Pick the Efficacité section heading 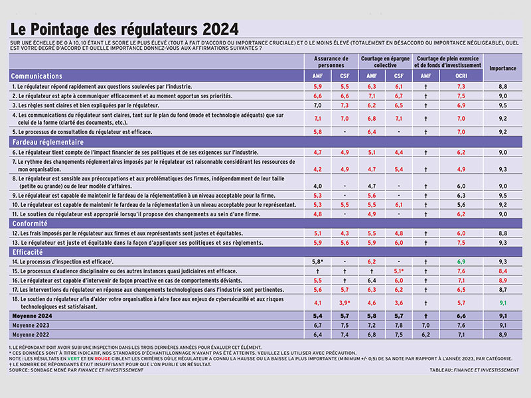click(x=30, y=253)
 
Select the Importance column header click(x=502, y=68)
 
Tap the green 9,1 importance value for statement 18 click(x=502, y=303)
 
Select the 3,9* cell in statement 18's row click(x=345, y=303)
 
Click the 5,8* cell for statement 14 click(x=317, y=263)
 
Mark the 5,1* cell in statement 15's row click(x=400, y=272)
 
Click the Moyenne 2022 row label click(x=33, y=335)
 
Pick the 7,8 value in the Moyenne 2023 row click(x=400, y=326)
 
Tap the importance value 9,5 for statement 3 click(x=502, y=105)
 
